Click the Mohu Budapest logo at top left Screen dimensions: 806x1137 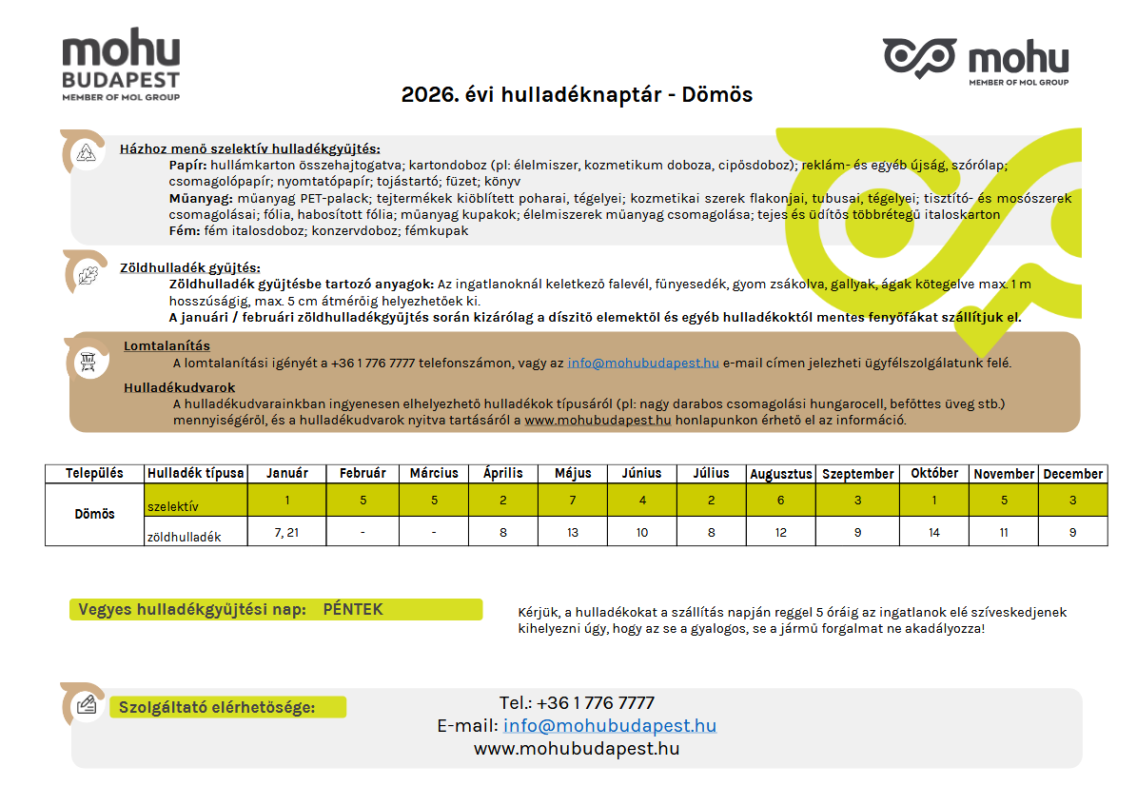(121, 65)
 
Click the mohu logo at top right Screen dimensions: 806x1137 (975, 61)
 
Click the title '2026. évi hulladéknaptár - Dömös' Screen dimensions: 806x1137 (577, 95)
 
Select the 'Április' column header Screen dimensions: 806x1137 (503, 473)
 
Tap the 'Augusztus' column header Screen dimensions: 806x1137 (781, 473)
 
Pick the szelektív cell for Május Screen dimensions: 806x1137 (573, 500)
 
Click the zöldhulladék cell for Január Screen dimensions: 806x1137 (286, 532)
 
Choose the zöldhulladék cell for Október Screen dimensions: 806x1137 (933, 532)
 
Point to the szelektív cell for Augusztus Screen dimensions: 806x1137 (781, 500)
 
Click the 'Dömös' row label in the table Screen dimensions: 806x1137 (95, 514)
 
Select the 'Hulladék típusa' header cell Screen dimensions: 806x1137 (196, 473)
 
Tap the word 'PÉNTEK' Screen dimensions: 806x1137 (353, 609)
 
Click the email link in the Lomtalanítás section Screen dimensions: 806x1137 (643, 363)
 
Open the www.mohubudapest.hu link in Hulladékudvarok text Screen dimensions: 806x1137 (598, 419)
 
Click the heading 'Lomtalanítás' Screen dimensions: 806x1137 (167, 345)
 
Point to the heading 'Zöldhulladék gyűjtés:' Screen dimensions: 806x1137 (190, 267)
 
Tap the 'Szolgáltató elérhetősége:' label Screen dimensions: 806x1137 (216, 707)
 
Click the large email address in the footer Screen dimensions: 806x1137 (610, 726)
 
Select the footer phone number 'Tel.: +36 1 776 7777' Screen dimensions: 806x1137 (577, 703)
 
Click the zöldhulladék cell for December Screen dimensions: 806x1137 (1073, 532)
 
